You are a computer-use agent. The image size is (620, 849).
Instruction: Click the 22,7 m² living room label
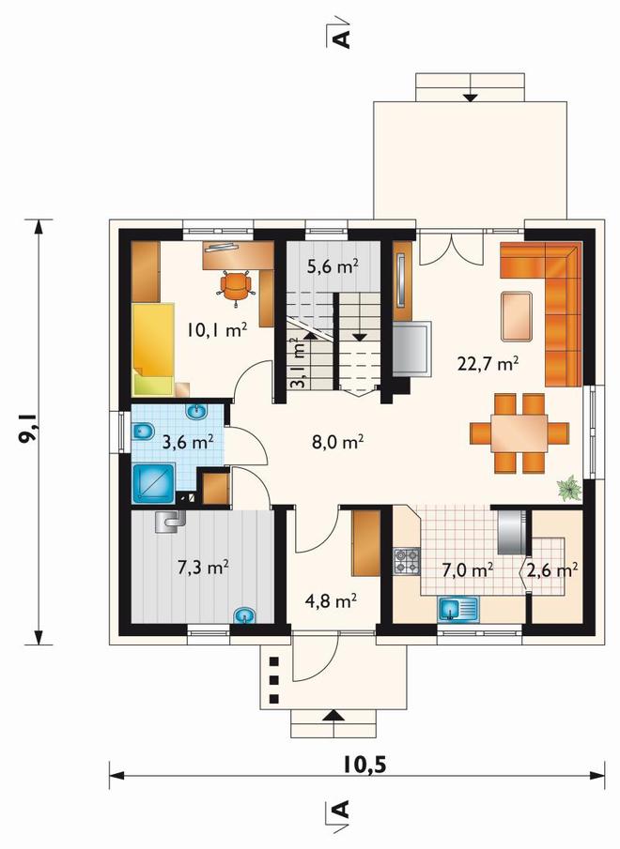click(x=488, y=363)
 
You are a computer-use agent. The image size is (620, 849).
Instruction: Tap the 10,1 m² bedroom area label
click(x=217, y=329)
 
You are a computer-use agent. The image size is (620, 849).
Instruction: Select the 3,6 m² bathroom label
click(x=188, y=442)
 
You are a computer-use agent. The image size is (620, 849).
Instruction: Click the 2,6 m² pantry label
click(x=552, y=569)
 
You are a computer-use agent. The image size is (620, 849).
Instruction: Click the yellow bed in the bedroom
click(x=153, y=349)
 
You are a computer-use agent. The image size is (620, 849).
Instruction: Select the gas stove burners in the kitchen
click(x=407, y=561)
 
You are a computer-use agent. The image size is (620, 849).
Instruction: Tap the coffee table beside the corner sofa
click(x=517, y=316)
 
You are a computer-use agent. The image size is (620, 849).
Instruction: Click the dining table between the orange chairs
click(x=519, y=433)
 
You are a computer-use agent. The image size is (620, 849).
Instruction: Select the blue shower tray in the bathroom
click(x=153, y=483)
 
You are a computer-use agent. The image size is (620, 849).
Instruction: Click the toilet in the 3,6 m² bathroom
click(x=143, y=432)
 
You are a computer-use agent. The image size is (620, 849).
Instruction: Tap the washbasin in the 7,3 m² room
click(x=245, y=615)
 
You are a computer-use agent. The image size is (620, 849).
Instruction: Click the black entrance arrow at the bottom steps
click(x=333, y=715)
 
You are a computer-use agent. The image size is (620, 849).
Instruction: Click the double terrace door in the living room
click(x=451, y=248)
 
